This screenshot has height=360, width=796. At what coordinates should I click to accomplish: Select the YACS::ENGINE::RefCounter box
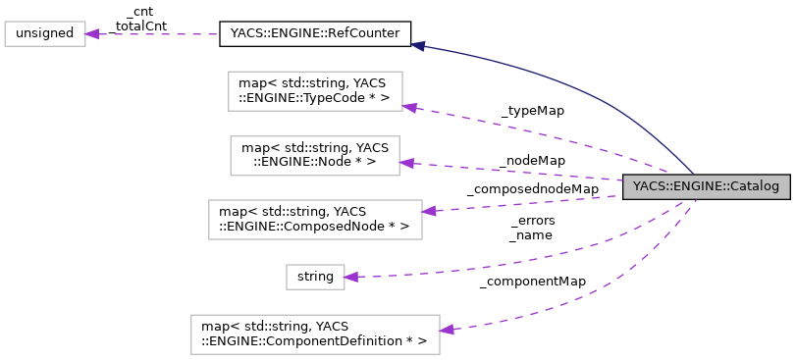click(x=314, y=34)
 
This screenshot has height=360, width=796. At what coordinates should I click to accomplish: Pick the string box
click(x=315, y=277)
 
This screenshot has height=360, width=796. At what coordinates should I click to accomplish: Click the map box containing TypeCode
click(x=315, y=91)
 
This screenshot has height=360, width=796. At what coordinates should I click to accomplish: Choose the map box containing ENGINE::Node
click(x=315, y=155)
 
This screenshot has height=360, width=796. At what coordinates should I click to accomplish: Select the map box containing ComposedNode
click(x=315, y=219)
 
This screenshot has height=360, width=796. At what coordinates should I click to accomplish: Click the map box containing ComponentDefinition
click(x=314, y=334)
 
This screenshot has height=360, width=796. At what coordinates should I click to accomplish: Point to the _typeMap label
click(x=533, y=111)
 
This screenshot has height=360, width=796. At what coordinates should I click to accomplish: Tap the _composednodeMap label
click(x=532, y=188)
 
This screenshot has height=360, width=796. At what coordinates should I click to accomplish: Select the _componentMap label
click(x=533, y=282)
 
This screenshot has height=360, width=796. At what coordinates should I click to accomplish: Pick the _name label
click(x=531, y=235)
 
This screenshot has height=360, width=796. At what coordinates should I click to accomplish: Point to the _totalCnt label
click(x=139, y=26)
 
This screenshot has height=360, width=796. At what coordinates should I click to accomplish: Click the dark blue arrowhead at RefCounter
click(x=418, y=44)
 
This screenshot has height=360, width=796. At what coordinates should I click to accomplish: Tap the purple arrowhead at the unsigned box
click(x=92, y=34)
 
